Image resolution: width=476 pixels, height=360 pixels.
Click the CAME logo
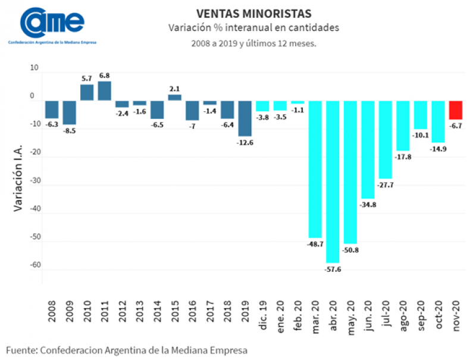52,23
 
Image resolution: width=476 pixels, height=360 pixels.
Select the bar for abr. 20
332,181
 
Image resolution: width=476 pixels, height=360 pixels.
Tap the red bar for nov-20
455,110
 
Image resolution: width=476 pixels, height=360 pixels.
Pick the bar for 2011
105,90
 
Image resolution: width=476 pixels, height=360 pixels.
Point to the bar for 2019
245,118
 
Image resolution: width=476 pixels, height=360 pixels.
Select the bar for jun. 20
368,149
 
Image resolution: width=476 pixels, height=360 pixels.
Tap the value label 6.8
105,76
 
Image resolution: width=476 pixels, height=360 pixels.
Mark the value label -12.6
245,142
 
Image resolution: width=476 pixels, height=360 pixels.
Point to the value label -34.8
368,205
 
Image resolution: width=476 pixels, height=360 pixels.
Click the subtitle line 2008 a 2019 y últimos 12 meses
253,43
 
